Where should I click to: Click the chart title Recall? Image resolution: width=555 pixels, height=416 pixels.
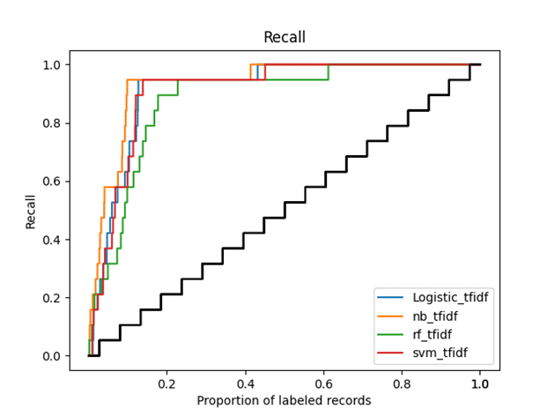285,37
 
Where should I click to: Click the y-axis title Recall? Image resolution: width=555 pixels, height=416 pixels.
31,210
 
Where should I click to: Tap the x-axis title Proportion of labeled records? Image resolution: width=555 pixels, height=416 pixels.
284,400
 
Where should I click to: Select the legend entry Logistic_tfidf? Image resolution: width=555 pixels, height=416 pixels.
449,297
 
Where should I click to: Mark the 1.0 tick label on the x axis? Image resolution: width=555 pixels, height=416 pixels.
480,383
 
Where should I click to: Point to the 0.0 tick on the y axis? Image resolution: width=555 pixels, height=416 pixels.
53,356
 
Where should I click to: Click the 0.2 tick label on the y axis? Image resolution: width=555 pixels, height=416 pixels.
53,298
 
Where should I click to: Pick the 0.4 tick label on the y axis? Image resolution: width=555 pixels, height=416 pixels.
53,240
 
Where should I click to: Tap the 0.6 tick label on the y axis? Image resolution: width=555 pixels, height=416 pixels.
53,182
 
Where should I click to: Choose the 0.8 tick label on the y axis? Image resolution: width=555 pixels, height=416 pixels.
53,123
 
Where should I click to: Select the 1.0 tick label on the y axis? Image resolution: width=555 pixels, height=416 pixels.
53,65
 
